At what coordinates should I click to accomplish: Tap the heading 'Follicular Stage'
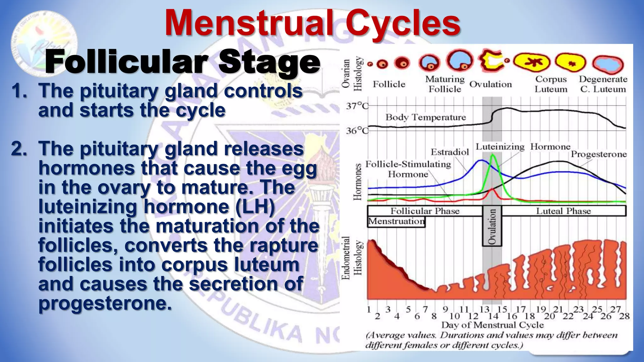[182, 62]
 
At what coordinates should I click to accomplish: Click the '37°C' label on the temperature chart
[357, 106]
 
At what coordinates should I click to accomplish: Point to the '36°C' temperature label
[357, 130]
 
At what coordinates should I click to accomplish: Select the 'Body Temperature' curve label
[425, 117]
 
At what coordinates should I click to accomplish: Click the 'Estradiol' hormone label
[449, 152]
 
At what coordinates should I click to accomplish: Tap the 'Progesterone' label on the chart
[598, 154]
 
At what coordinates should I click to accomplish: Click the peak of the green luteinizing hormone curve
[492, 155]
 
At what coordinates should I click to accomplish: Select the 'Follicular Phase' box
[425, 211]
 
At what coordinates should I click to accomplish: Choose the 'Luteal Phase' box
[563, 211]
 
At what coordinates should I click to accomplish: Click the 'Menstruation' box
[396, 222]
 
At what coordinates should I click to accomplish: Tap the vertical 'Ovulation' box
[492, 226]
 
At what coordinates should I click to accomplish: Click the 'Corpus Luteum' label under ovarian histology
[551, 84]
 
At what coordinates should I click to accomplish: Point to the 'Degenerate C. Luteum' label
[603, 84]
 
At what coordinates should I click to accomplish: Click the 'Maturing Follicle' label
[445, 84]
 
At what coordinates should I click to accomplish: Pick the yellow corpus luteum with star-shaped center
[532, 62]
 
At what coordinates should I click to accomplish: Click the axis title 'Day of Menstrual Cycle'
[492, 325]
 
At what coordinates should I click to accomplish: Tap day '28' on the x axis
[624, 316]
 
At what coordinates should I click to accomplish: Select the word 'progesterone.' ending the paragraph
[105, 303]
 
